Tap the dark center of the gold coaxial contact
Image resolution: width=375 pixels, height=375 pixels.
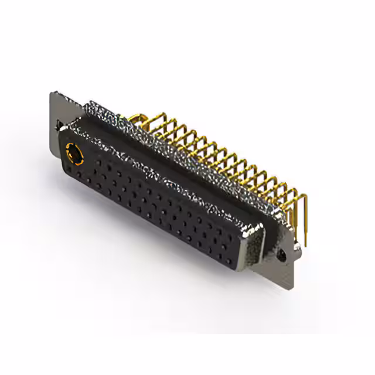click(76, 155)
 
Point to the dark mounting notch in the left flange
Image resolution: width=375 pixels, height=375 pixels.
click(59, 125)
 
